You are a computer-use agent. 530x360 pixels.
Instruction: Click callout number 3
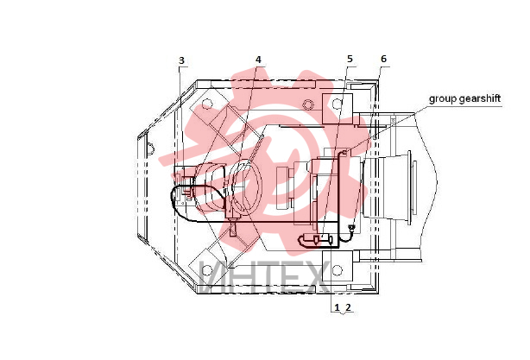181,60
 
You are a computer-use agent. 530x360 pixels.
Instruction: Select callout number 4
258,60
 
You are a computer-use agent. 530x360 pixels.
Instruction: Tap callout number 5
350,59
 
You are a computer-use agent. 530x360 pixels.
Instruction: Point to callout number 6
383,59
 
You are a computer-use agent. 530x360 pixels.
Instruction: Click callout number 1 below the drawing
337,307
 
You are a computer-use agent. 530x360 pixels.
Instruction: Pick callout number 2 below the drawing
348,307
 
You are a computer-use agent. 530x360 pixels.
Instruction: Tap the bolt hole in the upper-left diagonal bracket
207,104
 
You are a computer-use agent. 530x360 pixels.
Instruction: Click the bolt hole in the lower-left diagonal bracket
206,270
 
